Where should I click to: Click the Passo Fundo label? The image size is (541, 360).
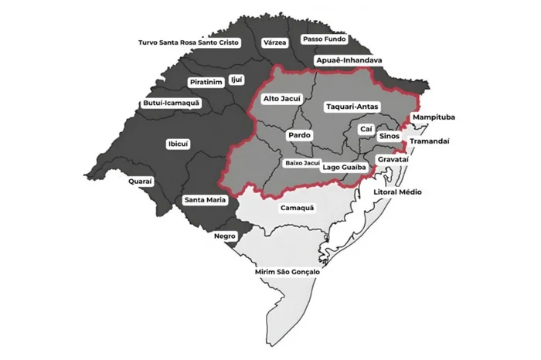[324, 39]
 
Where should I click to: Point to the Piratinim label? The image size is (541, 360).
[205, 83]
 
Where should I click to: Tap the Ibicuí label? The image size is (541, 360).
[178, 144]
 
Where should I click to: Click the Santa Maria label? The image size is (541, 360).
[206, 200]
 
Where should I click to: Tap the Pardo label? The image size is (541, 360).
[299, 135]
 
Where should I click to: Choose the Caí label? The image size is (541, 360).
[366, 131]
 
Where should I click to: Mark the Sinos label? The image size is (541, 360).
[390, 136]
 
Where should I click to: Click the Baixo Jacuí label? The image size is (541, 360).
[301, 164]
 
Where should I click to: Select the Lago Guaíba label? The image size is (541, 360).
[344, 165]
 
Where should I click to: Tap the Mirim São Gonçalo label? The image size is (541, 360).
[287, 272]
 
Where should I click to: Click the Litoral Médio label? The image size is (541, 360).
[396, 191]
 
